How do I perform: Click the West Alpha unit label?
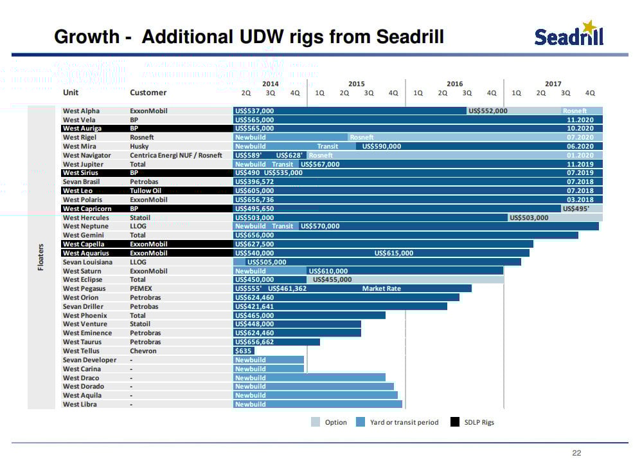pyautogui.click(x=79, y=111)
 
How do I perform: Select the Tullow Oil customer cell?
pyautogui.click(x=145, y=190)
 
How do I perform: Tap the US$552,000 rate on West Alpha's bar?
pyautogui.click(x=488, y=111)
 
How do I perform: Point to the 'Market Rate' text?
pyautogui.click(x=381, y=288)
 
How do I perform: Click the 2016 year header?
pyautogui.click(x=454, y=84)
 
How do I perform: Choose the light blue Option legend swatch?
pyautogui.click(x=316, y=422)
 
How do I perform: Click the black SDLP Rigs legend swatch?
pyautogui.click(x=455, y=422)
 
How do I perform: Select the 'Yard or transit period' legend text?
pyautogui.click(x=404, y=422)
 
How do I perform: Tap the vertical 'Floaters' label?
pyautogui.click(x=40, y=257)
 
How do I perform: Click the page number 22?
pyautogui.click(x=576, y=453)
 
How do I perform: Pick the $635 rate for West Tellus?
pyautogui.click(x=244, y=351)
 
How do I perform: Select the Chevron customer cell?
pyautogui.click(x=143, y=351)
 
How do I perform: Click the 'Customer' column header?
pyautogui.click(x=148, y=93)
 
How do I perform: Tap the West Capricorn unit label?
pyautogui.click(x=87, y=208)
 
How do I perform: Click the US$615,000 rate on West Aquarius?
pyautogui.click(x=393, y=253)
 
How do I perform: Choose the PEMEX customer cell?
pyautogui.click(x=140, y=288)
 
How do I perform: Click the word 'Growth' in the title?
pyautogui.click(x=87, y=36)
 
